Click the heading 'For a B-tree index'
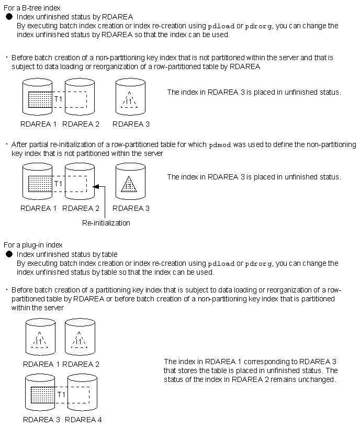[31, 8]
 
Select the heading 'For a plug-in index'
[33, 245]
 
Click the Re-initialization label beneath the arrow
[106, 223]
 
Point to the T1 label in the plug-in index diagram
[61, 394]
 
